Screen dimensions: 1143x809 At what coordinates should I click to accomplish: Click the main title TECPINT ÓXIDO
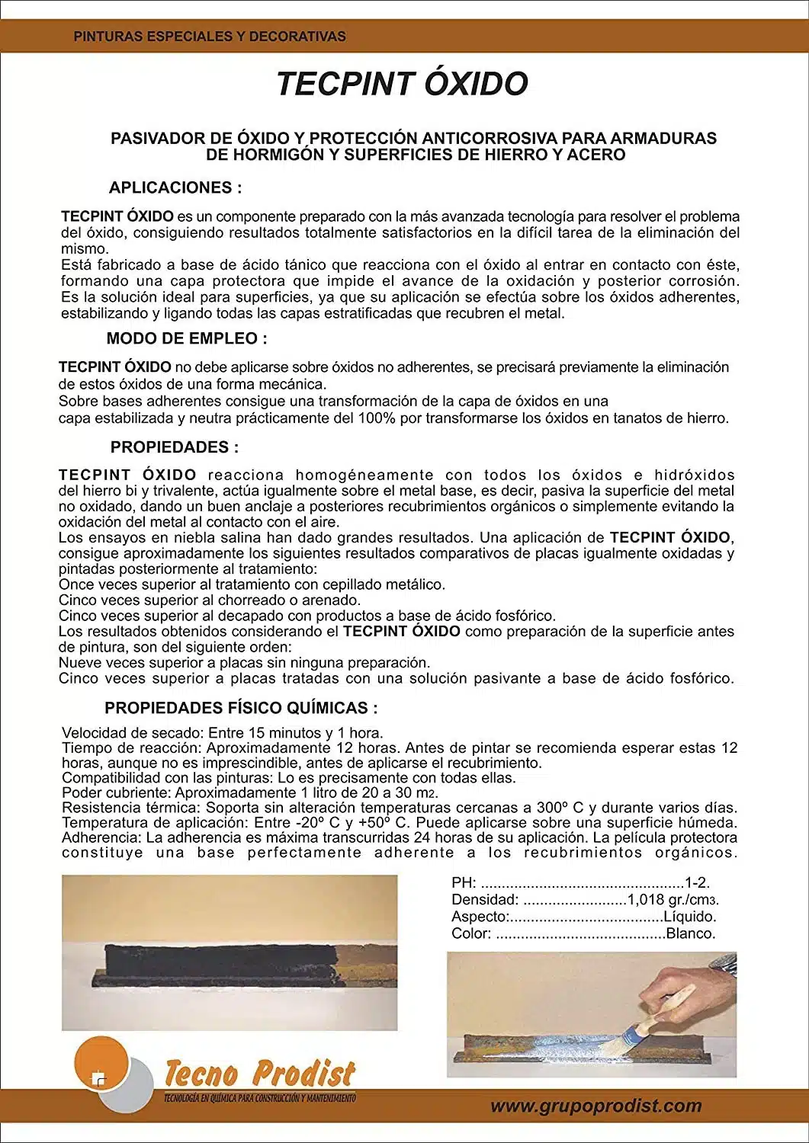pos(402,84)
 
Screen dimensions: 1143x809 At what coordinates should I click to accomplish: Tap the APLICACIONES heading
pos(175,187)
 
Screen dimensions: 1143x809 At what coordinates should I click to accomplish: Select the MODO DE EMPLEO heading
pos(187,338)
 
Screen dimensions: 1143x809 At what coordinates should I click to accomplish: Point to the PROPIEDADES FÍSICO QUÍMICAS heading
pos(241,708)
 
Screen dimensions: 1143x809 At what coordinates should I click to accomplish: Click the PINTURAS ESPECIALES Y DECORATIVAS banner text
pos(210,36)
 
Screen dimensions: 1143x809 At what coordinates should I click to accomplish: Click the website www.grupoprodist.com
pos(596,1106)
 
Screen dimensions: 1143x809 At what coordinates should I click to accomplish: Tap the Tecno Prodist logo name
pos(260,1073)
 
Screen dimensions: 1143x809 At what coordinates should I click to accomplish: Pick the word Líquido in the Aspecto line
pos(689,917)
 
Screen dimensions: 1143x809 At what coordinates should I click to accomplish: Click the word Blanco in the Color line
pos(690,933)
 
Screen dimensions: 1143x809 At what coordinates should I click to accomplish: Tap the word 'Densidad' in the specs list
pos(484,900)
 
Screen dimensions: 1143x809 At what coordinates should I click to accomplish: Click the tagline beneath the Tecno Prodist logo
pos(259,1098)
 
